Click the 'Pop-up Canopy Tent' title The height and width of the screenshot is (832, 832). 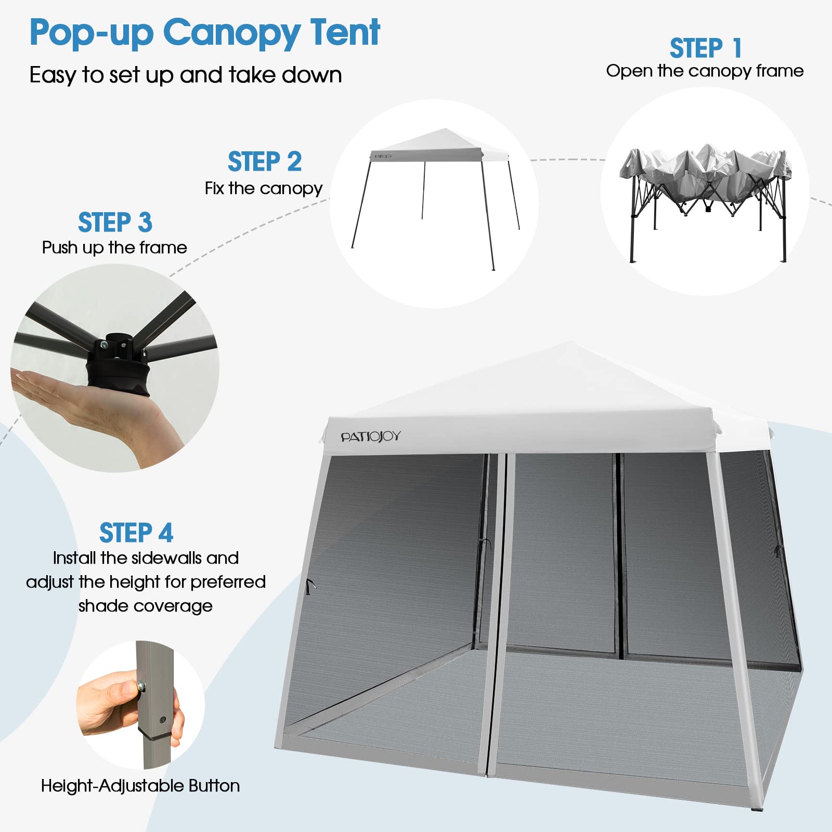pyautogui.click(x=204, y=32)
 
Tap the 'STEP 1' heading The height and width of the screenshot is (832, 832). pyautogui.click(x=705, y=48)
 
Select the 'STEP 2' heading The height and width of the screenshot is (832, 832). pyautogui.click(x=265, y=161)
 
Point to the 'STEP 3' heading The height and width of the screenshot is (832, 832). pyautogui.click(x=115, y=222)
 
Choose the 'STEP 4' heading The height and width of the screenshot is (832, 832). pyautogui.click(x=136, y=532)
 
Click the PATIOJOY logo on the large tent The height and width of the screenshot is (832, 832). pyautogui.click(x=371, y=437)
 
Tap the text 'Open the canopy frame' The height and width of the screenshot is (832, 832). pyautogui.click(x=705, y=71)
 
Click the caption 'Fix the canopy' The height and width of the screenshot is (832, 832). pyautogui.click(x=264, y=188)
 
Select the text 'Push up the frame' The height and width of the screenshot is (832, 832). pyautogui.click(x=114, y=248)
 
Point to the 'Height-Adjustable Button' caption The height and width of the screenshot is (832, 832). pyautogui.click(x=140, y=785)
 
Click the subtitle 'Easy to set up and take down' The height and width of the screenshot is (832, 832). pyautogui.click(x=186, y=75)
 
